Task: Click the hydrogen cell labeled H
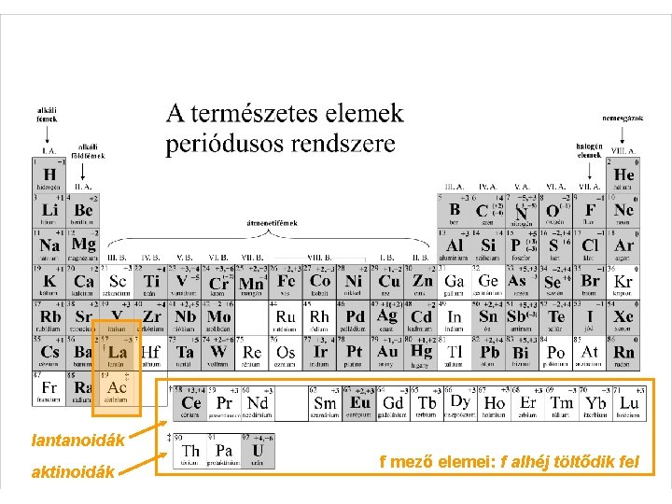click(x=49, y=175)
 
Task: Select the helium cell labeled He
click(x=623, y=175)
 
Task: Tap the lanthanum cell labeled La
click(x=118, y=353)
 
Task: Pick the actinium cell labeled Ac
click(x=118, y=388)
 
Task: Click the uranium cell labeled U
click(x=258, y=452)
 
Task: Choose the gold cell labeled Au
click(x=388, y=353)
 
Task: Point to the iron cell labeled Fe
click(x=287, y=282)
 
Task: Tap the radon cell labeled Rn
click(x=623, y=353)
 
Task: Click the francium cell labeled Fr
click(x=49, y=388)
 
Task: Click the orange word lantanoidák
click(x=78, y=437)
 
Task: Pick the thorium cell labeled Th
click(x=189, y=452)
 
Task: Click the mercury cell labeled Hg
click(x=422, y=353)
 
